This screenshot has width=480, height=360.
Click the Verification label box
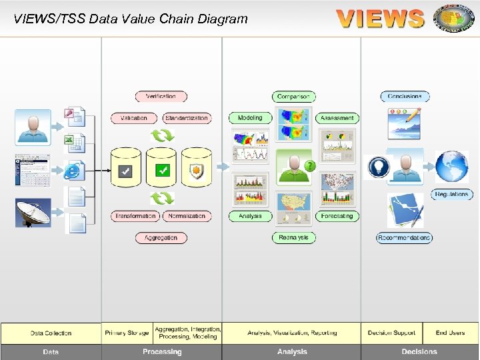click(x=161, y=97)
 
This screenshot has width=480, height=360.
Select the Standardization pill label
click(x=187, y=118)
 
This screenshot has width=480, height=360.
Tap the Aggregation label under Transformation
click(x=161, y=238)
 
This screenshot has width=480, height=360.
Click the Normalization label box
click(x=187, y=216)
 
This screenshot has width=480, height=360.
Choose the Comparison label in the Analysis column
click(x=293, y=97)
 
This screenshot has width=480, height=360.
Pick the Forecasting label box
click(x=337, y=216)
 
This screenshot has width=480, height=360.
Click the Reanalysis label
click(x=293, y=238)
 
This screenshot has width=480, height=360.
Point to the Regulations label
click(x=451, y=195)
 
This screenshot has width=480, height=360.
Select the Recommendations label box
click(x=404, y=238)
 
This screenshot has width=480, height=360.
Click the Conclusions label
click(x=405, y=97)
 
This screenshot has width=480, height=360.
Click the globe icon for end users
click(x=452, y=167)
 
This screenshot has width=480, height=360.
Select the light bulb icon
click(x=379, y=167)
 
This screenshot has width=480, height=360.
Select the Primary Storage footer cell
click(x=127, y=333)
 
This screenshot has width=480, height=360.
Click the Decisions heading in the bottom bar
click(x=419, y=352)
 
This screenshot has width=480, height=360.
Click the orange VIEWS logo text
click(x=380, y=18)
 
